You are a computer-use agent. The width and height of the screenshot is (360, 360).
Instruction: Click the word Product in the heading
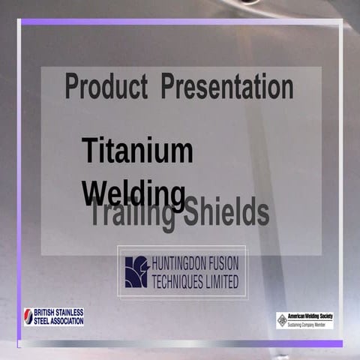106,88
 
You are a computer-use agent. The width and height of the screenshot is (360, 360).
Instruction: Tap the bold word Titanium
137,151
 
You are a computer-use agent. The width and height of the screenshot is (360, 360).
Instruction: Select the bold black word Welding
134,193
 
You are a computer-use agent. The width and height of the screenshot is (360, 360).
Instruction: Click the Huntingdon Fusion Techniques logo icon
136,272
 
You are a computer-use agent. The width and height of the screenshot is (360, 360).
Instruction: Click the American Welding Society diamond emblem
283,320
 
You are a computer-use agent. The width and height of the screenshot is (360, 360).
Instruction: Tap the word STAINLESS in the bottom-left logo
70,312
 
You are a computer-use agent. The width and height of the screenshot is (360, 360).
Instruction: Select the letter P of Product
71,88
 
